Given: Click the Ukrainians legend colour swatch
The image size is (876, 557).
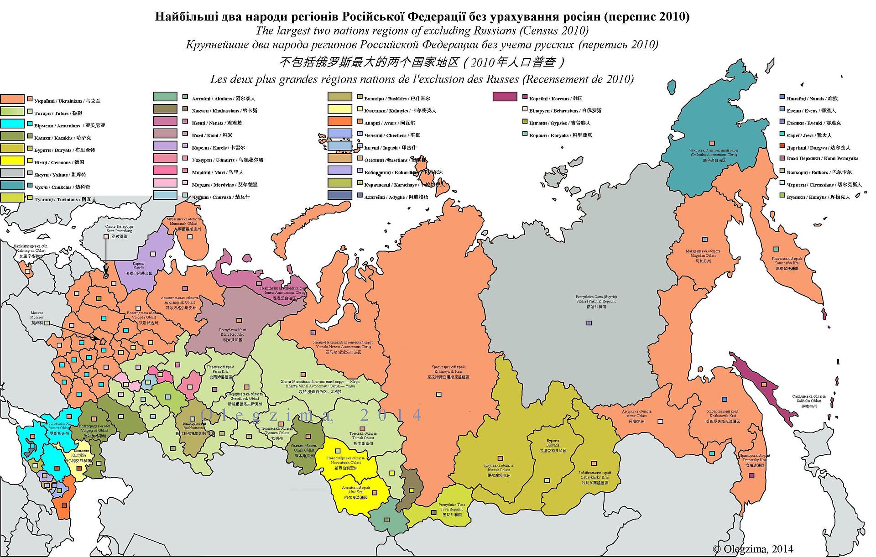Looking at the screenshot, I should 12,99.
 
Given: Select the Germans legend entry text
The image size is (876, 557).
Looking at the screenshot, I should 59,162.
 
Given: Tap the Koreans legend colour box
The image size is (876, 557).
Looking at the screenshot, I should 505,97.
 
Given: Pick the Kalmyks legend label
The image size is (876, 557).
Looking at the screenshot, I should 400,110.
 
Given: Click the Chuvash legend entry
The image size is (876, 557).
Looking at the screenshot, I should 220,197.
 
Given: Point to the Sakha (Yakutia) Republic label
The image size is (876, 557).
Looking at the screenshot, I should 596,302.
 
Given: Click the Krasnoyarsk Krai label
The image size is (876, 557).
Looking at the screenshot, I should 448,372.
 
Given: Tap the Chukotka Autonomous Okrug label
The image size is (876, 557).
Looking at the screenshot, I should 714,155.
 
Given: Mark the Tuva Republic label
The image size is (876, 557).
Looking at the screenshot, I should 452,510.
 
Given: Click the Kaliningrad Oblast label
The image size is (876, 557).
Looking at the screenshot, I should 31,251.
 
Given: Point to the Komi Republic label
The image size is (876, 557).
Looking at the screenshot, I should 232,334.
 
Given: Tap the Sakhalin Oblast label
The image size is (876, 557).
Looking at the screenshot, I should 809,401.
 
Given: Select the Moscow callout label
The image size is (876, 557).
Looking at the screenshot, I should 37,318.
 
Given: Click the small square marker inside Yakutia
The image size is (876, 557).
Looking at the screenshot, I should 589,323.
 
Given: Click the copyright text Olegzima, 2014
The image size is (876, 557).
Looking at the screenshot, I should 753,549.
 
